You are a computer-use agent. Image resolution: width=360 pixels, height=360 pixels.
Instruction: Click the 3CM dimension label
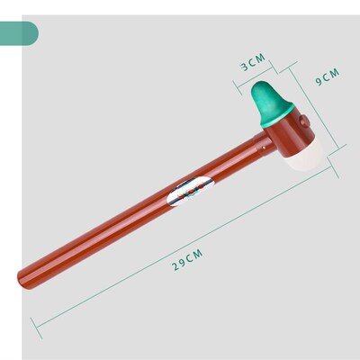[254, 62]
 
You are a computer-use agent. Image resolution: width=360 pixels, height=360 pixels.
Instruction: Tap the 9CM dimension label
[328, 76]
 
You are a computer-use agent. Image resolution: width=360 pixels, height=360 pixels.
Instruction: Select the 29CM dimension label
[187, 260]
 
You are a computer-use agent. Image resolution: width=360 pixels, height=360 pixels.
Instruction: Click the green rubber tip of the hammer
[270, 102]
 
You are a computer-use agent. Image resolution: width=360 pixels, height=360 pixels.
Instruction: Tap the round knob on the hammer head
[305, 121]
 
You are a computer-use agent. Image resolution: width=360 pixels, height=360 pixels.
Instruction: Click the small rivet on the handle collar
[264, 147]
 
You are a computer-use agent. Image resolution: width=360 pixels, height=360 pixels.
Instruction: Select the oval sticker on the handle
[190, 191]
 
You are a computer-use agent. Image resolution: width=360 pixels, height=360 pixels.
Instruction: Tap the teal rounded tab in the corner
[19, 33]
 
